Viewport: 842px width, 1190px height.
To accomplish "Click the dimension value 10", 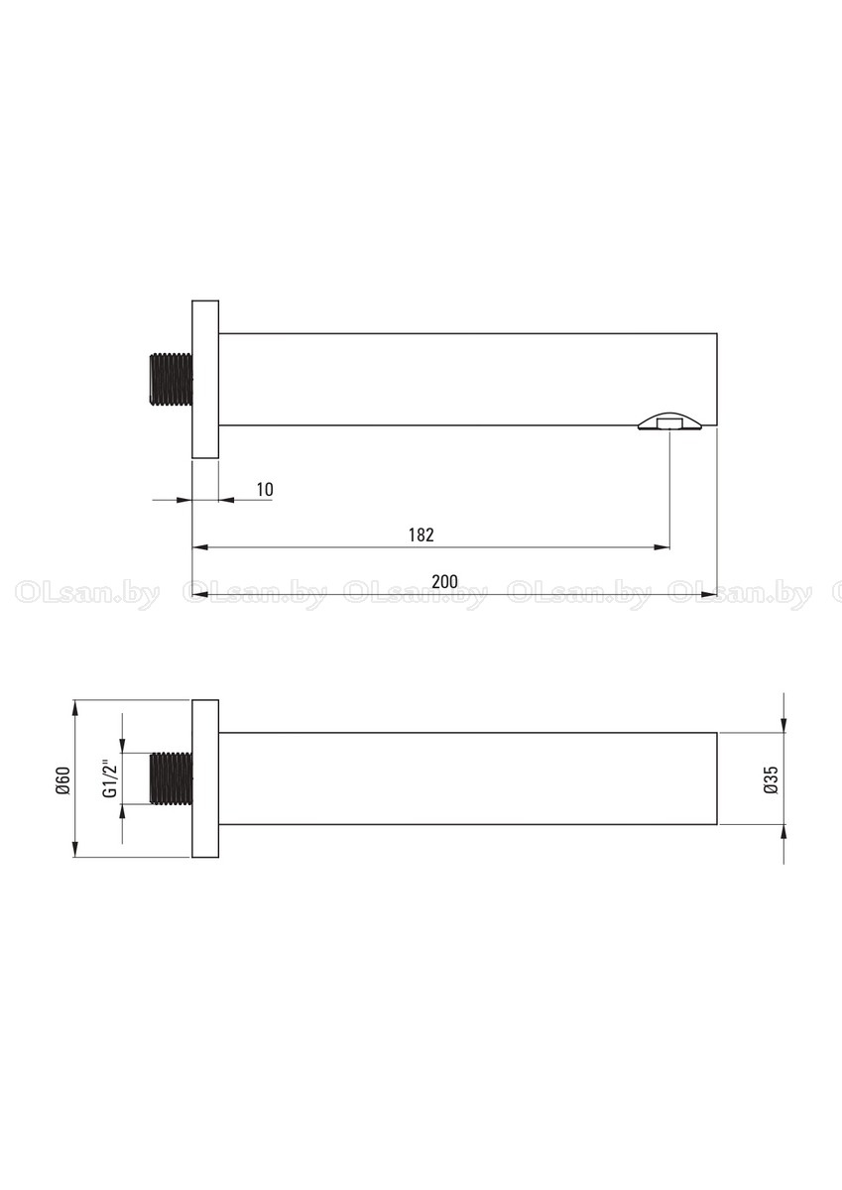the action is tap(265, 489).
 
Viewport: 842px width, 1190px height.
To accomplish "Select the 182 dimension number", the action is tap(421, 535).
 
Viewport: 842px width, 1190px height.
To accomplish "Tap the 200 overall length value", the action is tap(444, 582).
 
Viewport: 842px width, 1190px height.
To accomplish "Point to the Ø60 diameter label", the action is tap(62, 781).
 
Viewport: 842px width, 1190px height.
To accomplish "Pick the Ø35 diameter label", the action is tap(771, 779).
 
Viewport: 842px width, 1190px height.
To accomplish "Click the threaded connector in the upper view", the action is tap(172, 379).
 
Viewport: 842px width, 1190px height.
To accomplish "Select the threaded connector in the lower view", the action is tap(172, 778).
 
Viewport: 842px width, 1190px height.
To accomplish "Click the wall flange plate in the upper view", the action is tap(205, 379).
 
